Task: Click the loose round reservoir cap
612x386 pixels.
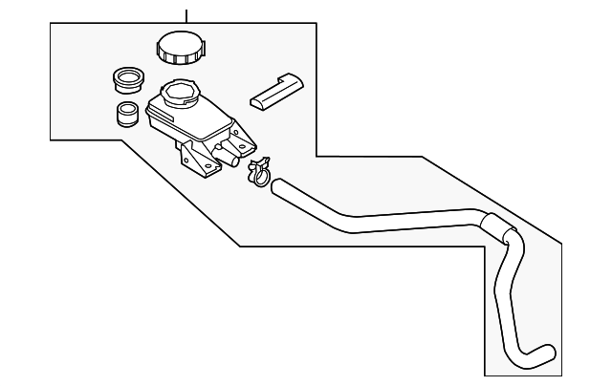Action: [179, 47]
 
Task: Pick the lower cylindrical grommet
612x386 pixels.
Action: [125, 114]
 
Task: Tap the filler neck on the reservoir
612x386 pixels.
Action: [179, 95]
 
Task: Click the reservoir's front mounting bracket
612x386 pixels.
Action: [198, 161]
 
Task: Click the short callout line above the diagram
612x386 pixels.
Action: [186, 13]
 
